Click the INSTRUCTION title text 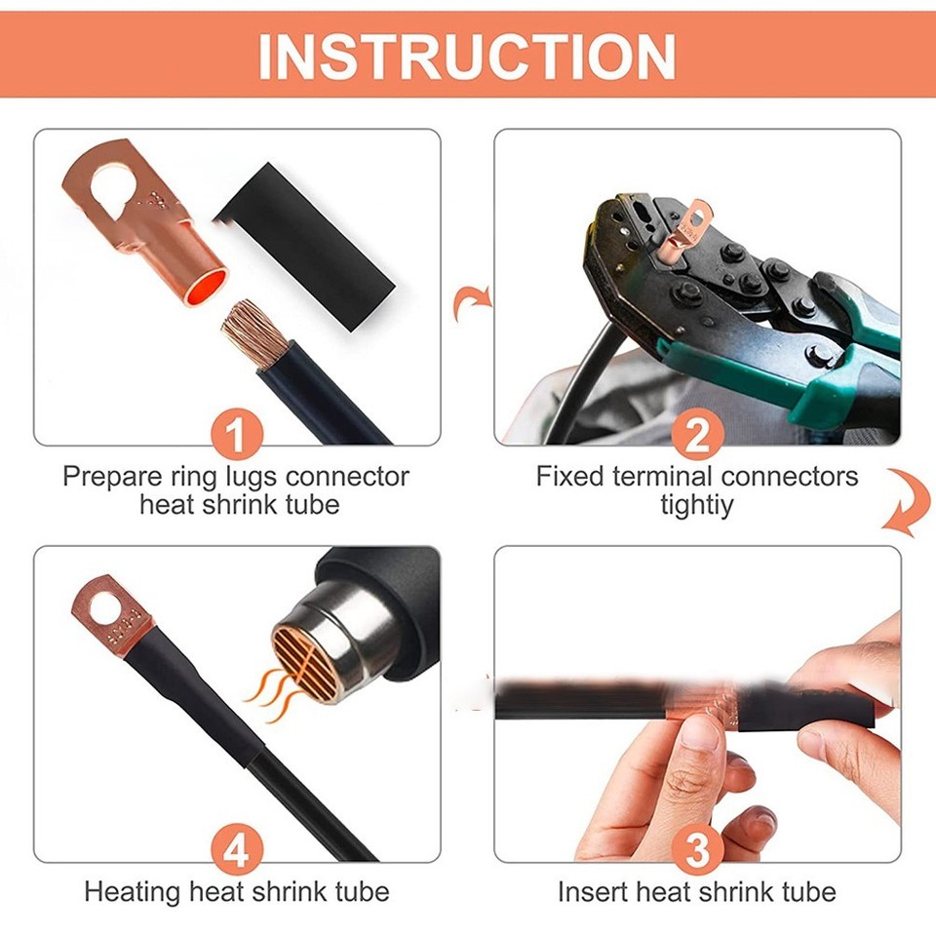[467, 56]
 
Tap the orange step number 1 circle [237, 436]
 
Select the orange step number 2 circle [696, 436]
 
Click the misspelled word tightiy [696, 505]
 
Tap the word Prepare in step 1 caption [107, 477]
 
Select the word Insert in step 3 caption [588, 891]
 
